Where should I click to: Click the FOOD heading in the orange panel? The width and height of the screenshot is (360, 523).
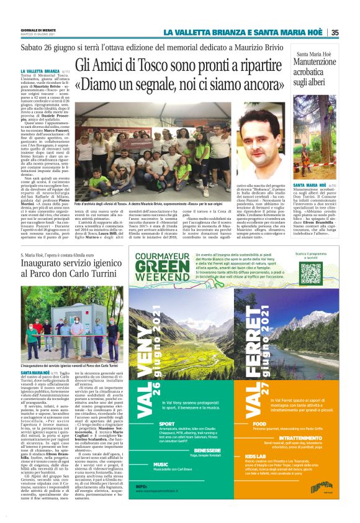click(259, 424)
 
